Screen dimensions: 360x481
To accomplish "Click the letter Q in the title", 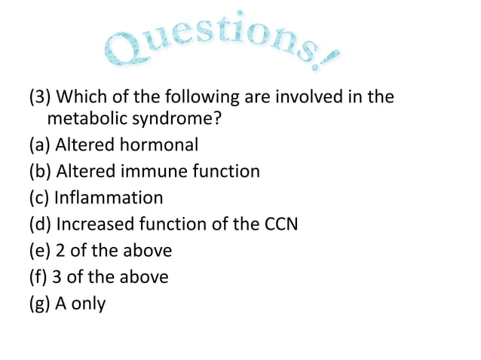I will tap(123, 51).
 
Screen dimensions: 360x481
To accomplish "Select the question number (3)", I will tap(40, 98).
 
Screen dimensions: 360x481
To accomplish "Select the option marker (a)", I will tap(40, 145).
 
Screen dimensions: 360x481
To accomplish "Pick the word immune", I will tap(151, 171).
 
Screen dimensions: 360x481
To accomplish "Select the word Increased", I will tap(97, 224).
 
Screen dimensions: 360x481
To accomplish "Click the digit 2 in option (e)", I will tap(60, 250).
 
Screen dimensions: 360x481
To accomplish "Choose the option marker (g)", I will tap(40, 304).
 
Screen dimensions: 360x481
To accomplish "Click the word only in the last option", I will tap(88, 304).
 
